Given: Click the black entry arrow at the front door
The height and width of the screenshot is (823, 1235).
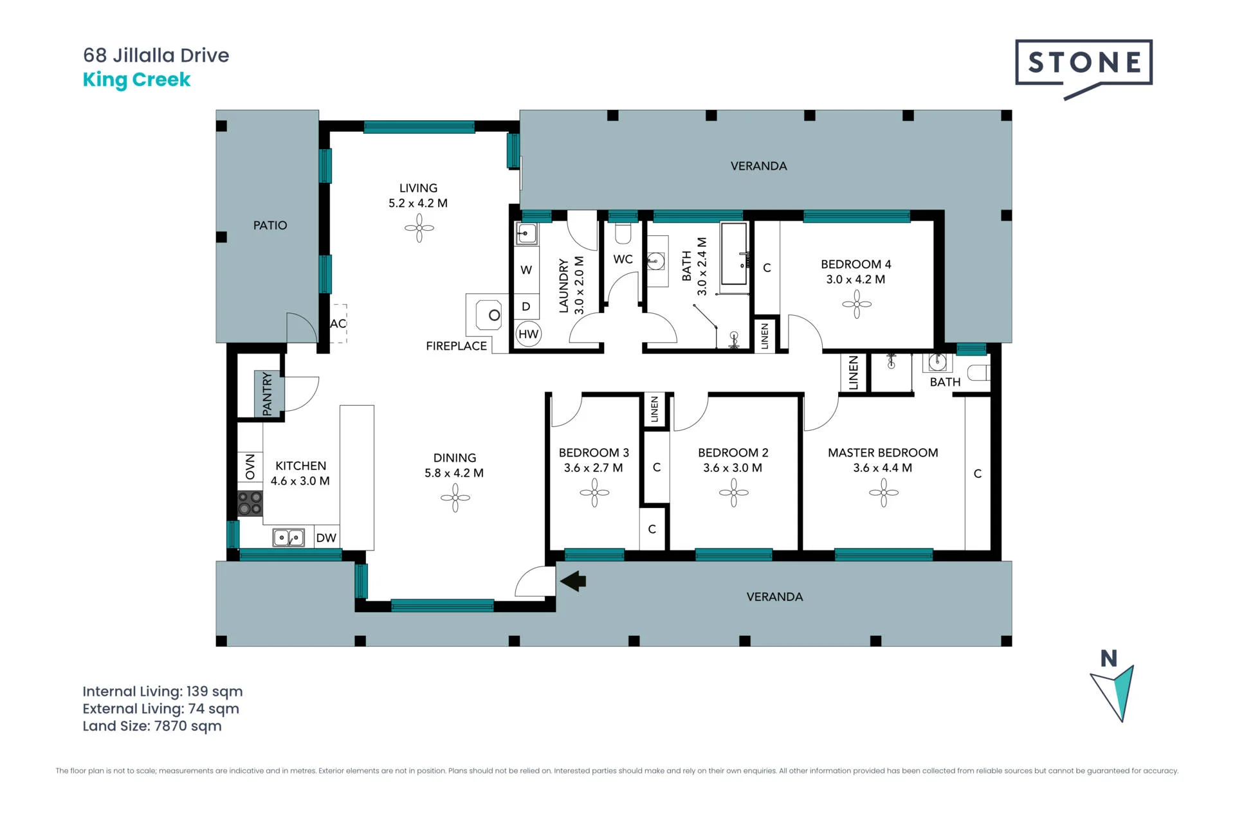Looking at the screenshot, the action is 573,581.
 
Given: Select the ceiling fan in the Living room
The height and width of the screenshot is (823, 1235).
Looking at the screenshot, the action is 419,228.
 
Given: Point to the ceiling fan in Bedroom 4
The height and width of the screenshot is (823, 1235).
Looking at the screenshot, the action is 857,304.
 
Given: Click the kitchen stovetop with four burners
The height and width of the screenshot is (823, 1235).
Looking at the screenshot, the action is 250,503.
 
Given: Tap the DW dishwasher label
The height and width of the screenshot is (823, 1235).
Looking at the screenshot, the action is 326,538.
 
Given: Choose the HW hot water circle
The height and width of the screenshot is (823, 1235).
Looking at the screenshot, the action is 529,334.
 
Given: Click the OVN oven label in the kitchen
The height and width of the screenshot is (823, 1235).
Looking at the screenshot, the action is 250,466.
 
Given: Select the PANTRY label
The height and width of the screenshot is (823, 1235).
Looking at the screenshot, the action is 268,394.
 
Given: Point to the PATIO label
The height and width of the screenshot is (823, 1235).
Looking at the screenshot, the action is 270,225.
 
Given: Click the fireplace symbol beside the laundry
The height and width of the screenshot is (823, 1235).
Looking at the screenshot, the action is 488,315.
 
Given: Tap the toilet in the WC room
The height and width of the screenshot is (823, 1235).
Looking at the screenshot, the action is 623,233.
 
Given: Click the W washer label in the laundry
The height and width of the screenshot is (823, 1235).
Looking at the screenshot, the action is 526,270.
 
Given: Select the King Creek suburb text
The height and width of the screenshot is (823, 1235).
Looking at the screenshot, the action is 136,80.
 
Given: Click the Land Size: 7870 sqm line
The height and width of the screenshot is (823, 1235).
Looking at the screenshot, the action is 152,726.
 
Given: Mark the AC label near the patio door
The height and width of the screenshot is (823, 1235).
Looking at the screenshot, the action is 338,323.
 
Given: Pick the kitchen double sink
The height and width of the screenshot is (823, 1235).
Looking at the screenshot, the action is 289,537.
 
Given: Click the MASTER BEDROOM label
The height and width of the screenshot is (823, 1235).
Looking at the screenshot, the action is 883,453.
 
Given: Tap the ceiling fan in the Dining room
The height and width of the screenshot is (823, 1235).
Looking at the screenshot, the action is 455,498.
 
